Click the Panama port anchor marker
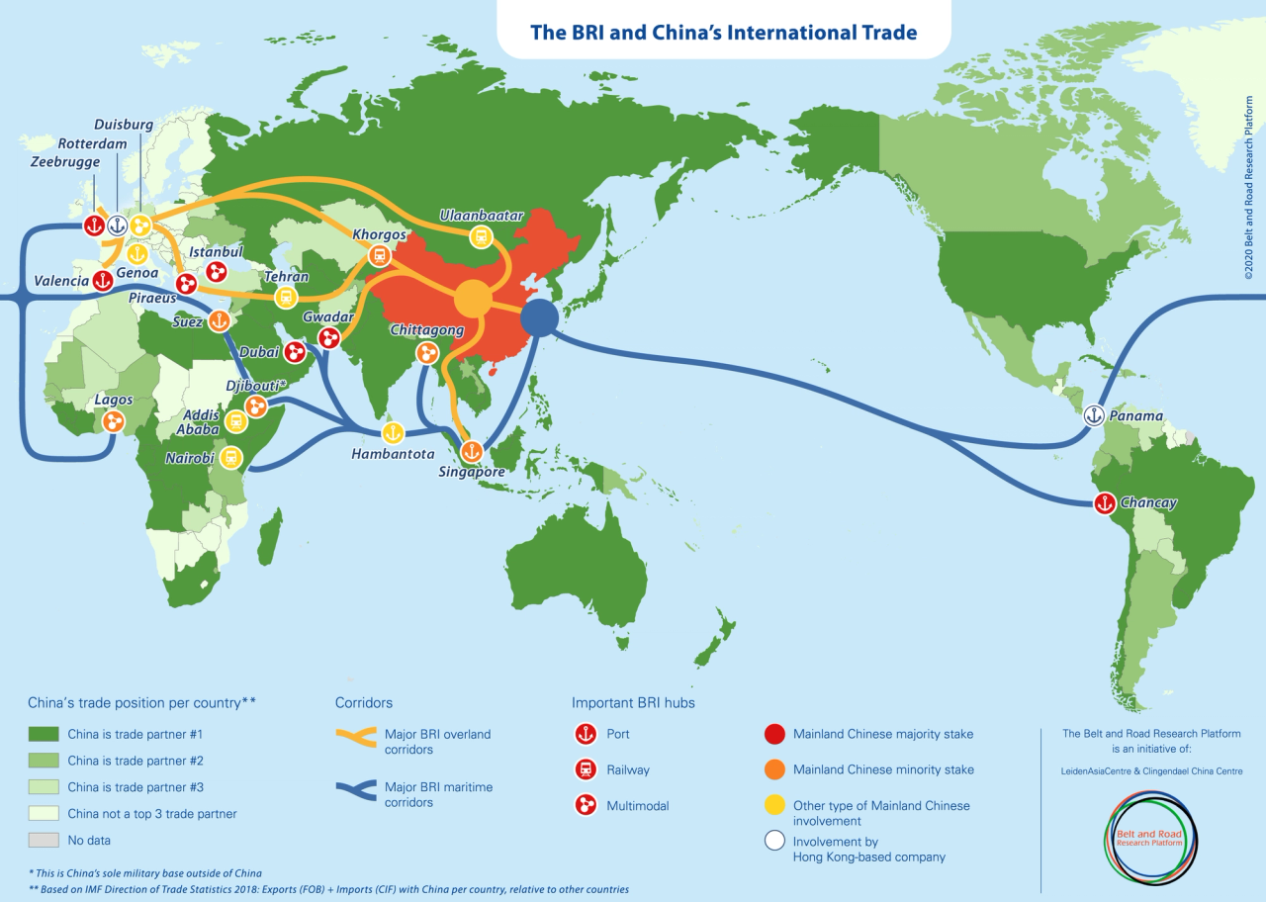click(x=1094, y=415)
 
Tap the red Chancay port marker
click(x=1104, y=503)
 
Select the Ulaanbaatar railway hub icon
click(x=481, y=235)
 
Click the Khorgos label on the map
click(x=379, y=234)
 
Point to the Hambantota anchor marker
click(x=393, y=432)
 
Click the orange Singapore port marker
click(x=472, y=451)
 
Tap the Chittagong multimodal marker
click(x=427, y=352)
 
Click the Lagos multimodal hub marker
click(x=114, y=422)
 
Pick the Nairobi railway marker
click(x=230, y=457)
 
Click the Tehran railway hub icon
click(x=286, y=297)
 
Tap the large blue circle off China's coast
click(x=539, y=318)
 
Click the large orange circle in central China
click(x=474, y=298)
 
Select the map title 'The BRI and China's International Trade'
click(x=723, y=32)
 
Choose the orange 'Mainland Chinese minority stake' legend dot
click(x=774, y=769)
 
